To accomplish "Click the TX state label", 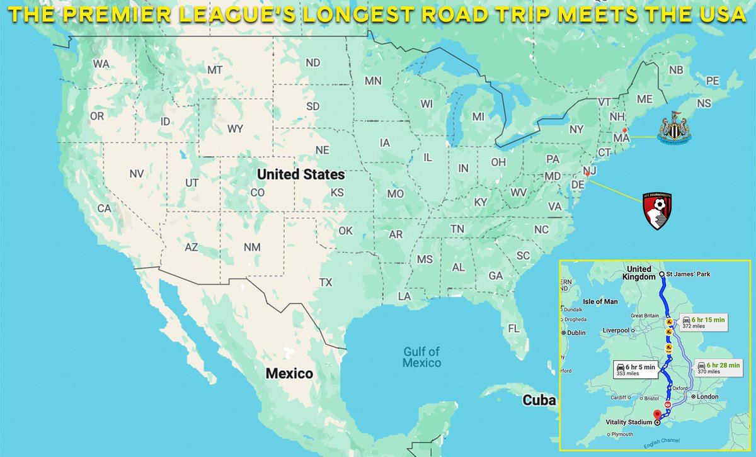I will pos(326,282).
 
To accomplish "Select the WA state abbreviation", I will pos(101,64).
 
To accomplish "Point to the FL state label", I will pos(513,328).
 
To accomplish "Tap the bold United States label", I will pos(301,174).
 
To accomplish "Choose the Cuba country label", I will pos(539,400).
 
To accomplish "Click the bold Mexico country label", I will pos(289,373).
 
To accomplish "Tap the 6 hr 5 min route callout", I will pos(637,370).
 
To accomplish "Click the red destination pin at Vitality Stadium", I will pos(657,415).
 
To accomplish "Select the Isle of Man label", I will pos(601,301).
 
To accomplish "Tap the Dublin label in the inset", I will pos(576,333).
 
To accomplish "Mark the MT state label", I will pos(215,70).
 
